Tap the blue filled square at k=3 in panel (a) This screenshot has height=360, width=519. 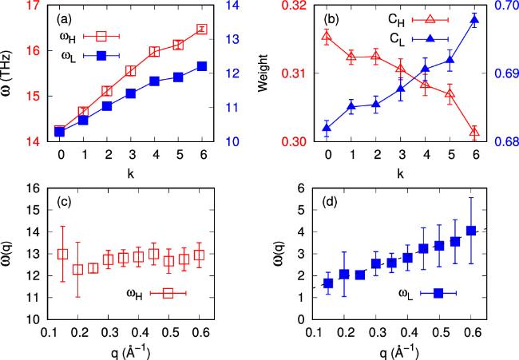click(x=131, y=93)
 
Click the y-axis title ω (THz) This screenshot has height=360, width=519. click(x=10, y=74)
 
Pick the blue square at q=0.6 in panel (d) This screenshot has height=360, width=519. click(x=471, y=231)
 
